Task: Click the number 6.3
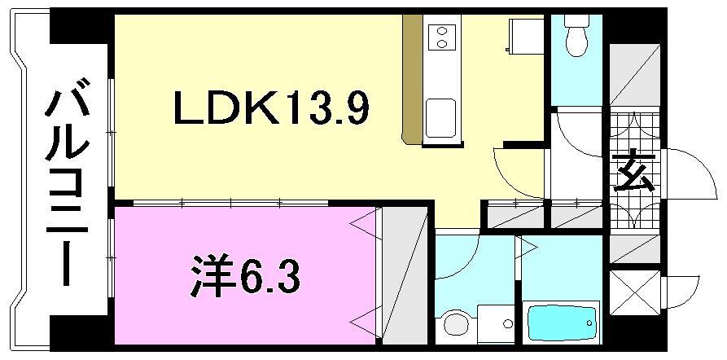(272, 277)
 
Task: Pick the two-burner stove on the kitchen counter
(440, 36)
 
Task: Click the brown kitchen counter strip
(412, 81)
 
